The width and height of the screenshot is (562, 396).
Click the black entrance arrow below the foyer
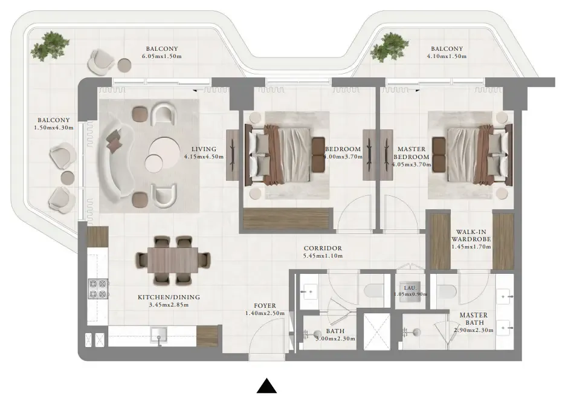(x=266, y=386)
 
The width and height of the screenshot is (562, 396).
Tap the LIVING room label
(x=204, y=149)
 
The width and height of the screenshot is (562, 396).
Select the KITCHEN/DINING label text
(x=169, y=297)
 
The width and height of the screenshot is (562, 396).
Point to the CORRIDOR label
(x=323, y=248)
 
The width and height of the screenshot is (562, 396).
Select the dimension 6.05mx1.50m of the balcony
(x=162, y=57)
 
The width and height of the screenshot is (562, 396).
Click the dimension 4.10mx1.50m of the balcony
(x=447, y=57)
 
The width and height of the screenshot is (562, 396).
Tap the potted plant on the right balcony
(x=385, y=49)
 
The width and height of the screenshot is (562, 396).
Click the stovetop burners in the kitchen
(x=97, y=288)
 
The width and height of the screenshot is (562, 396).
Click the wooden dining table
(x=173, y=260)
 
